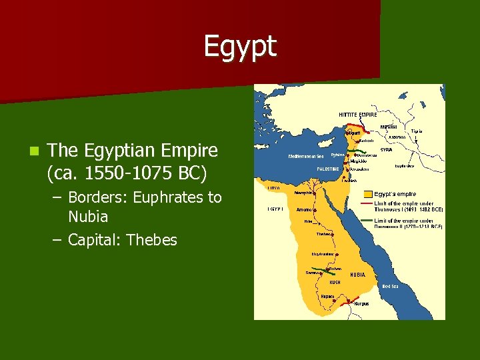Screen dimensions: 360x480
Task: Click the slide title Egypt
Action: [239, 47]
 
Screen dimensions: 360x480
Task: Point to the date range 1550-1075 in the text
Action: [123, 174]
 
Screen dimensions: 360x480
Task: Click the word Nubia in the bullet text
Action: [88, 217]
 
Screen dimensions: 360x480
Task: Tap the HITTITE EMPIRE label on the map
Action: [357, 115]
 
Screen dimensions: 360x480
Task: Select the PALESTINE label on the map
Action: [328, 169]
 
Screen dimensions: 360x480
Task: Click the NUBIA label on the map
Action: [357, 275]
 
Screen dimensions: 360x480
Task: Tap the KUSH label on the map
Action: [335, 282]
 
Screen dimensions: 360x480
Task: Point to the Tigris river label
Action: [417, 131]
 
